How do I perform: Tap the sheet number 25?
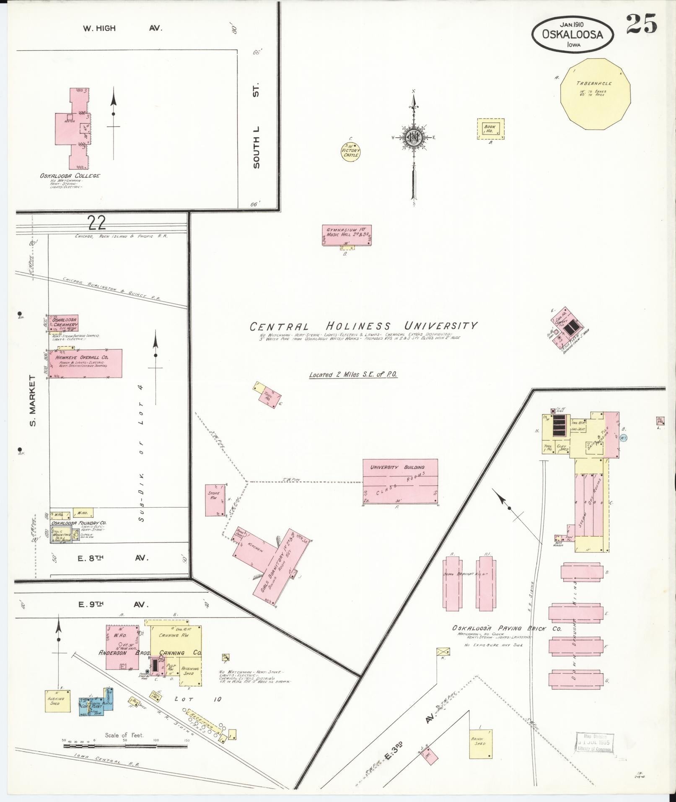pos(641,25)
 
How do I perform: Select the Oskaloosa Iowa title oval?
pos(572,35)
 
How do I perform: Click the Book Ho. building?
pos(490,129)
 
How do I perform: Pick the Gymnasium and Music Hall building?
pos(347,235)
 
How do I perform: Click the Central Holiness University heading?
pos(363,326)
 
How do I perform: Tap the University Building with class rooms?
pos(400,482)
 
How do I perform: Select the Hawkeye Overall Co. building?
pos(85,363)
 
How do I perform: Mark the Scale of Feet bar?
pos(125,746)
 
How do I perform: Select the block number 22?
pos(96,223)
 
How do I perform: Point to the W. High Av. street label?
pos(123,29)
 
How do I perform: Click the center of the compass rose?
pos(414,137)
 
